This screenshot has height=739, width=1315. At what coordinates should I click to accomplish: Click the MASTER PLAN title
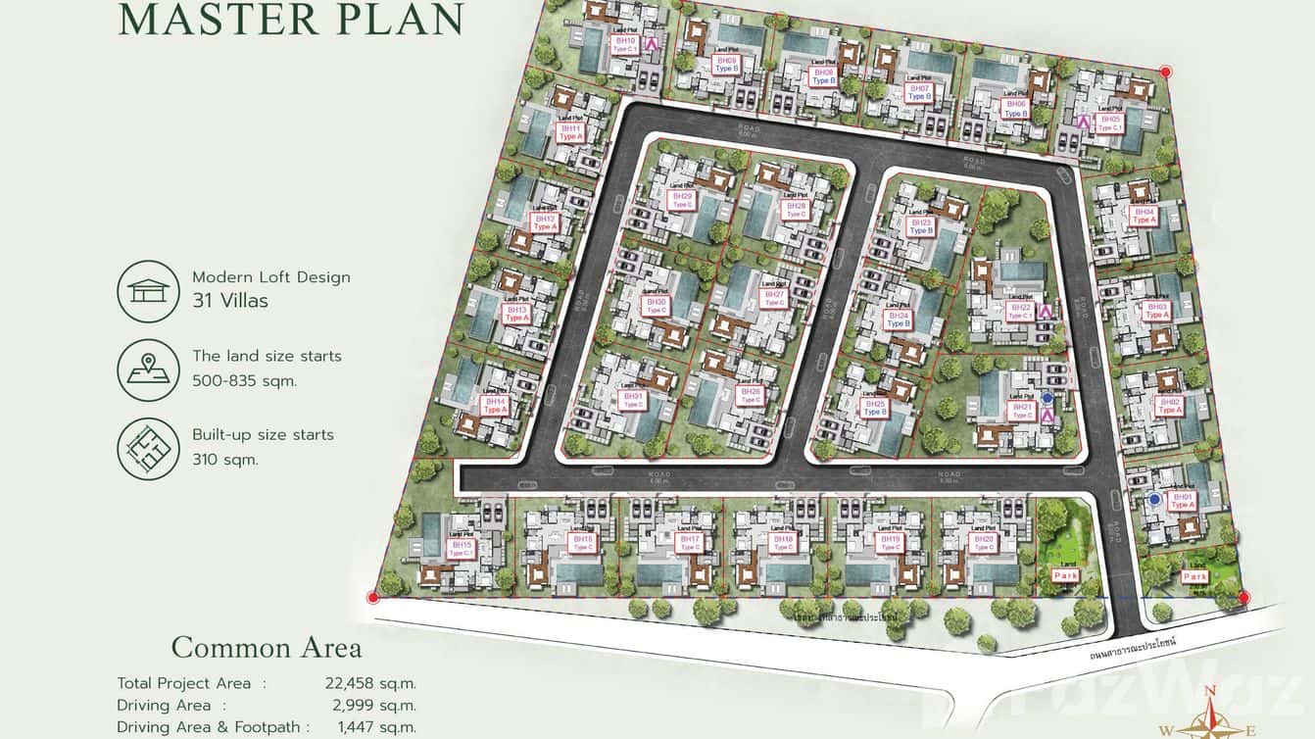(x=291, y=20)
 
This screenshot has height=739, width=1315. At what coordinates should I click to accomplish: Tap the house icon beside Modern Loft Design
(x=148, y=291)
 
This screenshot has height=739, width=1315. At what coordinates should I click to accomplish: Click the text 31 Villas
(x=230, y=301)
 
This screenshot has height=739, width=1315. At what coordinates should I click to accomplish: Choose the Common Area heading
(x=267, y=648)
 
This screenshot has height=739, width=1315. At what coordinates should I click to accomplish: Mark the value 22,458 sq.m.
(x=370, y=683)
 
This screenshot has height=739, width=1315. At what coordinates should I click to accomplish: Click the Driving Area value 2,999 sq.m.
(x=370, y=705)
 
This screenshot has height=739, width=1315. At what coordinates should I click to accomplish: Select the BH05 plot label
(x=1110, y=123)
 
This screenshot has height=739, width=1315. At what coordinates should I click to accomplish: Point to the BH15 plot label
(x=461, y=548)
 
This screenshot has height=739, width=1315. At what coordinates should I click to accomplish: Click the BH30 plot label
(x=657, y=306)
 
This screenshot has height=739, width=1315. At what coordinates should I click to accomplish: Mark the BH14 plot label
(x=495, y=405)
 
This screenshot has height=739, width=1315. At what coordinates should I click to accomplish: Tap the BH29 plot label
(x=682, y=199)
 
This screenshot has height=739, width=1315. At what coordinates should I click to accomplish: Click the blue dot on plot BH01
(x=1155, y=500)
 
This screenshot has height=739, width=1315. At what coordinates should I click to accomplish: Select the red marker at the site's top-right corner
(x=1165, y=72)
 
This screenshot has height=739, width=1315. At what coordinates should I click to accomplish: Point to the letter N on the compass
(x=1210, y=692)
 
